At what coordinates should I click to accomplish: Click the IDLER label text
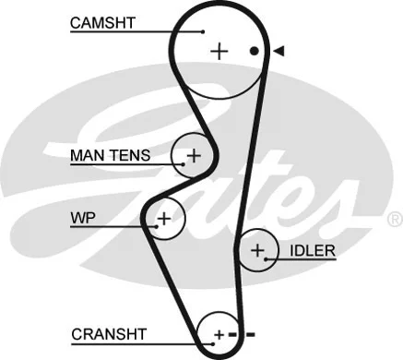click(312, 250)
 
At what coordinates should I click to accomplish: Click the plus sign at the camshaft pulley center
click(219, 52)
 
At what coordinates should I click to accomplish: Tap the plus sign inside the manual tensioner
click(195, 155)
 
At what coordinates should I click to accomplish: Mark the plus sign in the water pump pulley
click(163, 219)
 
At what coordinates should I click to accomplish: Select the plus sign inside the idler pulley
click(258, 249)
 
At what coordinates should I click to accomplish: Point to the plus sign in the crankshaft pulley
click(218, 333)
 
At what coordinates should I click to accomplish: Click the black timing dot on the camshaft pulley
click(255, 51)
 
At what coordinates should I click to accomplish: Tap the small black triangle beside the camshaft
click(277, 51)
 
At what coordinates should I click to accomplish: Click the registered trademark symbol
click(394, 219)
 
